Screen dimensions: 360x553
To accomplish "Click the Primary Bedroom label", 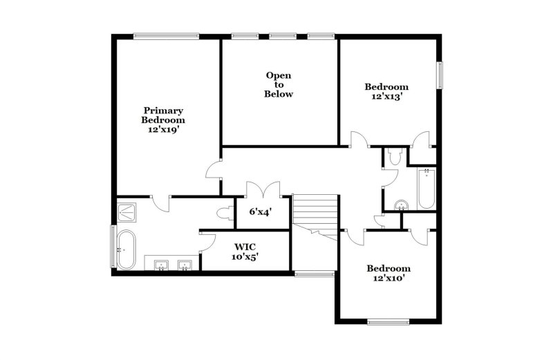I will pos(163,120).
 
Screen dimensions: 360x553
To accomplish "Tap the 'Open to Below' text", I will pos(279,84).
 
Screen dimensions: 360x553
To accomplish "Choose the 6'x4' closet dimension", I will pos(260,212).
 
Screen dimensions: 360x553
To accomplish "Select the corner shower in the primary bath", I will pos(126,211).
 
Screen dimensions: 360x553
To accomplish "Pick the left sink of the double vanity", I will pos(162,264).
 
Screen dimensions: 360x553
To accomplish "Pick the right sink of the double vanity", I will pos(185,264).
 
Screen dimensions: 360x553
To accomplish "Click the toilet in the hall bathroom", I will pos(393,158).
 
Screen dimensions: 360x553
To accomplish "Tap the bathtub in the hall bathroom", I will pos(425,189).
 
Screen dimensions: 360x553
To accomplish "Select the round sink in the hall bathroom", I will pos(400,205).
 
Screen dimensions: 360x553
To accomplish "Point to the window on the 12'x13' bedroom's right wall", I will pos(438,75).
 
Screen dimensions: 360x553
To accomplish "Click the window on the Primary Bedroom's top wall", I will pos(166,36).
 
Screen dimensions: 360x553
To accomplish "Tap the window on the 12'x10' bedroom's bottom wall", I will pos(388,321).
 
